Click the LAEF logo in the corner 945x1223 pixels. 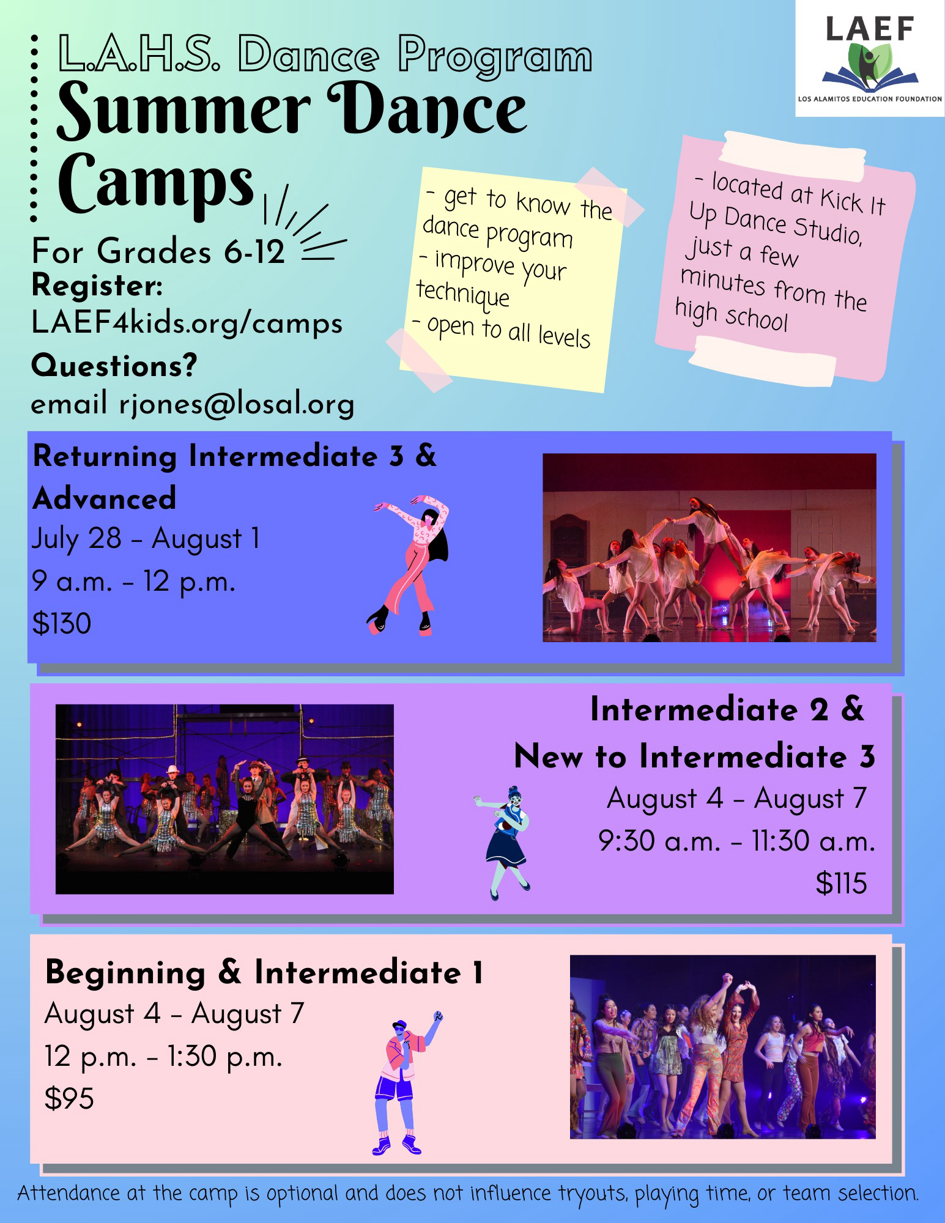(870, 58)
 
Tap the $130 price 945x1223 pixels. (62, 623)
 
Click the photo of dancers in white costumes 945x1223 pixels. (710, 547)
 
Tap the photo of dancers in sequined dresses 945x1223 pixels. (224, 799)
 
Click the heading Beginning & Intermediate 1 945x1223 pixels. (264, 973)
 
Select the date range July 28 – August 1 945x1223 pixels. (146, 539)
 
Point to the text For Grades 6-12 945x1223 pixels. (158, 251)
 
